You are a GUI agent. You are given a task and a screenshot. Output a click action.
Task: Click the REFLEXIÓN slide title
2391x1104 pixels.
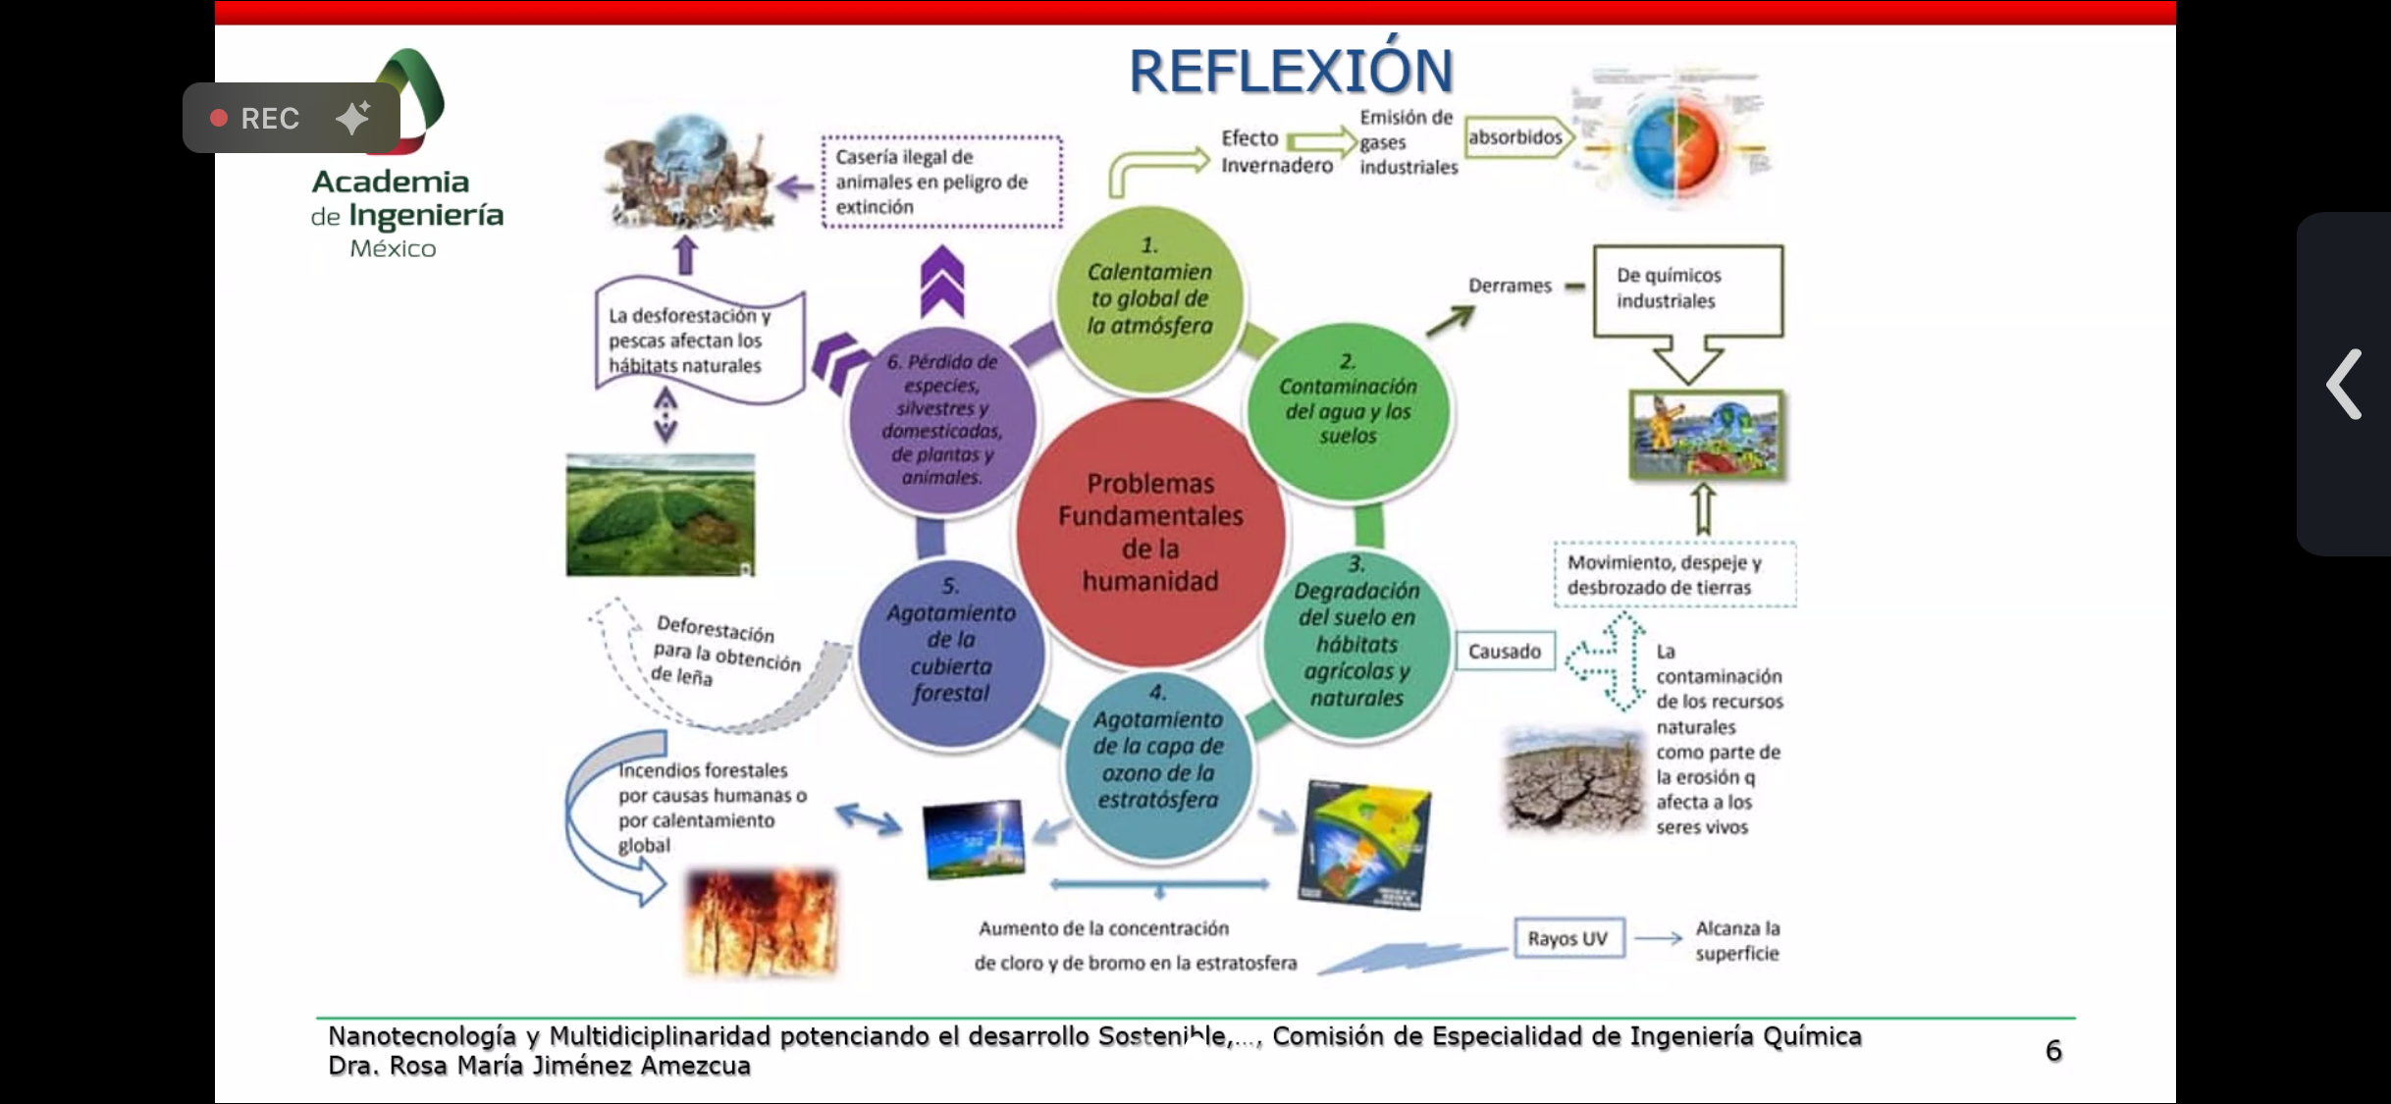(x=1290, y=72)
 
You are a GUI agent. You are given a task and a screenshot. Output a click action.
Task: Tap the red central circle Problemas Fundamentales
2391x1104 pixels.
(x=1150, y=533)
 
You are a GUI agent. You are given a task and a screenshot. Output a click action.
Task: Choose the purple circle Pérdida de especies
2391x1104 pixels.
(x=941, y=420)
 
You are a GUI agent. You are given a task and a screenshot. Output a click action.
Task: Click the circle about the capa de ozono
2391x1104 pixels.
(x=1158, y=761)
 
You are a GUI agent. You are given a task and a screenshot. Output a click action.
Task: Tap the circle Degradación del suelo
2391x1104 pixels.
(x=1356, y=643)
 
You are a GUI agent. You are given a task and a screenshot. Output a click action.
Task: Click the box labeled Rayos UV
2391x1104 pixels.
(x=1567, y=938)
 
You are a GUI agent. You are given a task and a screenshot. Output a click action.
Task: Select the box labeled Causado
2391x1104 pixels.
(x=1504, y=652)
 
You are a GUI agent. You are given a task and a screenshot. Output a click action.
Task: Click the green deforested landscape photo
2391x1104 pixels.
(x=660, y=514)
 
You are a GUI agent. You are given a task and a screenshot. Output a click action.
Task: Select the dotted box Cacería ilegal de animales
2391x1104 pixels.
(x=941, y=182)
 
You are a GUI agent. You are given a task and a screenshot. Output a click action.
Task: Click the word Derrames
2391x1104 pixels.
(x=1510, y=286)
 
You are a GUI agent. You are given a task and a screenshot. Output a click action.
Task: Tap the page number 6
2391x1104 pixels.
(x=2053, y=1051)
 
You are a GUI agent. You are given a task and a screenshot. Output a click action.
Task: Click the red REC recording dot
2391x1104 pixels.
(x=219, y=118)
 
